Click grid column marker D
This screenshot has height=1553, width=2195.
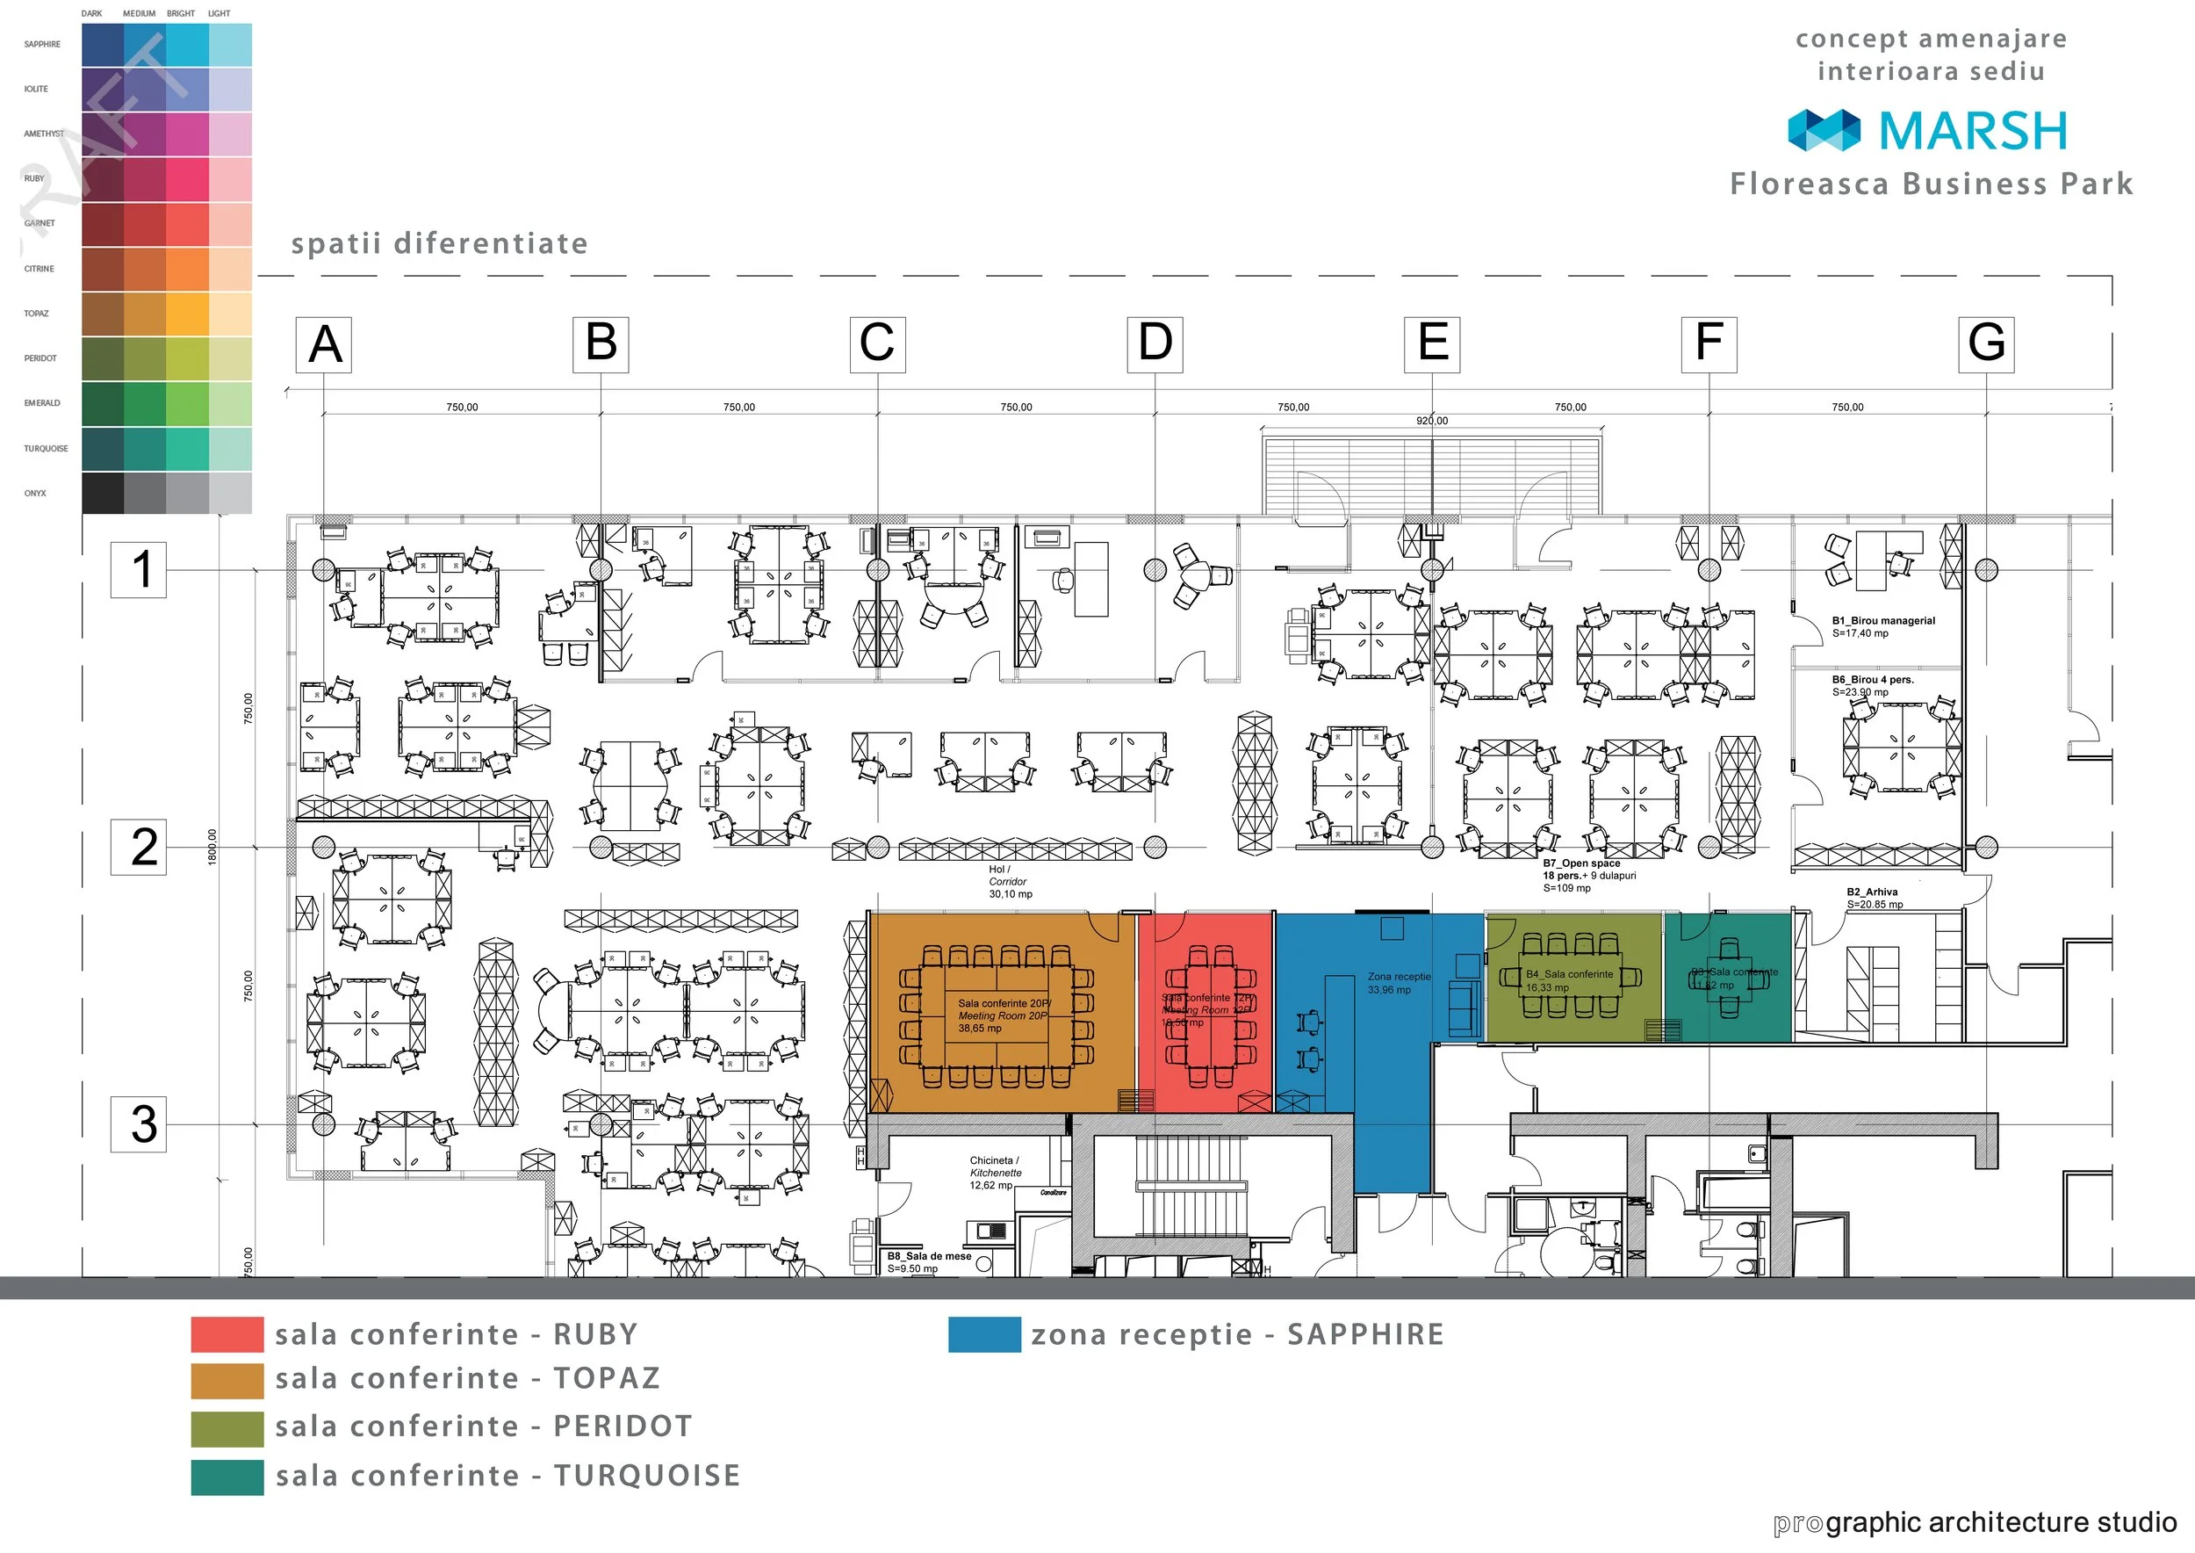[x=1155, y=343]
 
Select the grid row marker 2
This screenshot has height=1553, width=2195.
[x=139, y=846]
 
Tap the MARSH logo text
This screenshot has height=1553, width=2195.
[x=1971, y=131]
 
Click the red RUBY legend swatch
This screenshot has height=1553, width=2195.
[x=227, y=1334]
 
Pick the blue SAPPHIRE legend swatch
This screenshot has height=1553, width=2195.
[x=983, y=1334]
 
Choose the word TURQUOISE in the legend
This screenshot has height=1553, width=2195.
[x=647, y=1476]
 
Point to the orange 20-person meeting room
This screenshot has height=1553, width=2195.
[x=999, y=1014]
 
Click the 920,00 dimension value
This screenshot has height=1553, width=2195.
[x=1431, y=421]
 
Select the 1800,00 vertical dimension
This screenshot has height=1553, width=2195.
[x=212, y=846]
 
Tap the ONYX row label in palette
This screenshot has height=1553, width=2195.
[x=35, y=494]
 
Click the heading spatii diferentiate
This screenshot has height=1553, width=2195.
[x=439, y=243]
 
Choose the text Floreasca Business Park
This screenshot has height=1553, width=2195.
[x=1931, y=184]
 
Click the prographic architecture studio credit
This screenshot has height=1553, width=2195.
[x=1974, y=1522]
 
